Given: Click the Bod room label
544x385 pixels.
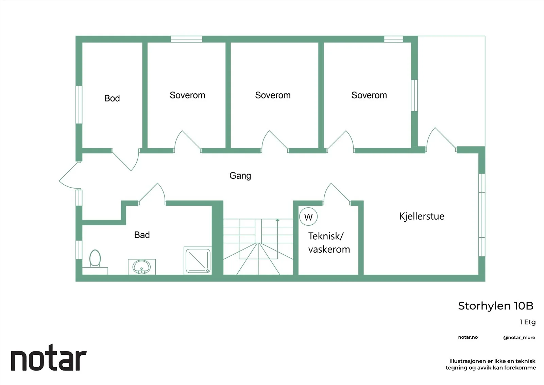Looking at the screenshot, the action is pyautogui.click(x=112, y=98).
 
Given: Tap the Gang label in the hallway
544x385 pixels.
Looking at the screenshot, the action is pyautogui.click(x=240, y=176).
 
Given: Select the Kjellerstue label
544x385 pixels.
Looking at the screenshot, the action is pyautogui.click(x=422, y=216).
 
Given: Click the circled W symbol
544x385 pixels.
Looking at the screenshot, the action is pyautogui.click(x=308, y=217).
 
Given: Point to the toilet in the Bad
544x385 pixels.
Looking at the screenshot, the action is pyautogui.click(x=95, y=259).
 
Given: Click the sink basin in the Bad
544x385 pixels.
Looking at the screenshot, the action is pyautogui.click(x=141, y=267).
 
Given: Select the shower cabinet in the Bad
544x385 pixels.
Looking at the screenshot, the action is pyautogui.click(x=198, y=260).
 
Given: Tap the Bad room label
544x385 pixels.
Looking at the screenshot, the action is pyautogui.click(x=142, y=235).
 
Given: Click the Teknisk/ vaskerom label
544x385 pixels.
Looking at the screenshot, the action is pyautogui.click(x=329, y=243).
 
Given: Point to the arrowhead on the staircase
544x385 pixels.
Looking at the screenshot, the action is pyautogui.click(x=277, y=220).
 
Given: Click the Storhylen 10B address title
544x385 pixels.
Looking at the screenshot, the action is pyautogui.click(x=496, y=306).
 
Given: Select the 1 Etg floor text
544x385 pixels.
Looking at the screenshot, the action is pyautogui.click(x=527, y=322).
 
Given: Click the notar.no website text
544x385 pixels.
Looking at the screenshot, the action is pyautogui.click(x=468, y=337).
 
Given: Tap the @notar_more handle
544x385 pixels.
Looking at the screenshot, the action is pyautogui.click(x=519, y=338).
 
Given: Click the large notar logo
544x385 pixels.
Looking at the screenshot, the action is pyautogui.click(x=49, y=357).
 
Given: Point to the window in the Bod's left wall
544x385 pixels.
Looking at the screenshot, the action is pyautogui.click(x=79, y=105).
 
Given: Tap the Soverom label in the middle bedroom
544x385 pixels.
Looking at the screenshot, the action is pyautogui.click(x=273, y=95).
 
